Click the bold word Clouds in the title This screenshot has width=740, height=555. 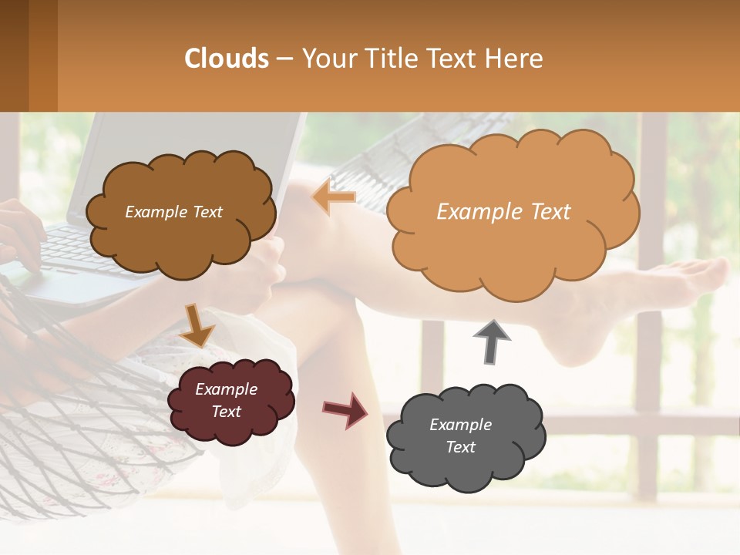point(227,59)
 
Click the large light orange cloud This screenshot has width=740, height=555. point(512,211)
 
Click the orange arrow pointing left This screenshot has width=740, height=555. point(334,198)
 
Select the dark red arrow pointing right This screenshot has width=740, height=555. point(345,409)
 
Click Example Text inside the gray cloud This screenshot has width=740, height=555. point(460,436)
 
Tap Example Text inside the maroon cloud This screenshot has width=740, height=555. point(226,400)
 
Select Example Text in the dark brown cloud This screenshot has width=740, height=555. point(173,212)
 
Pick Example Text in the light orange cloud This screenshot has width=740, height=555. point(503,212)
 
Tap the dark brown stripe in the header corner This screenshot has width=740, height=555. point(14,55)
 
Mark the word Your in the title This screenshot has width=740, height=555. point(326,59)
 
